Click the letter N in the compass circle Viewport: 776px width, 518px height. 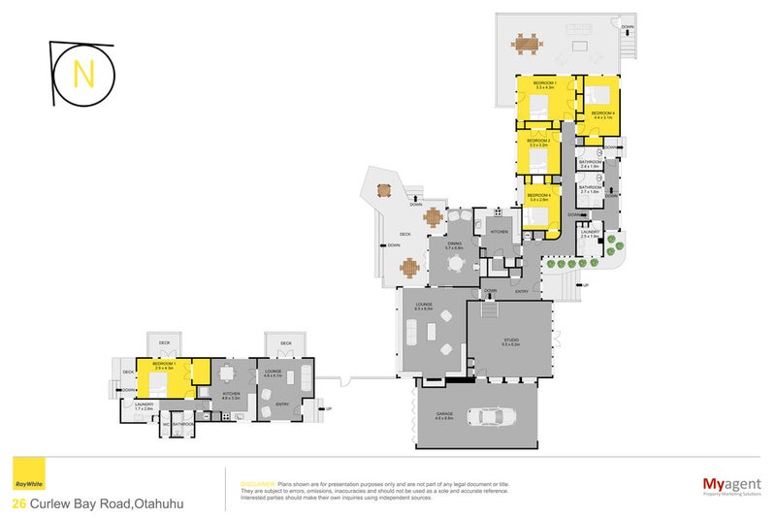[84, 73]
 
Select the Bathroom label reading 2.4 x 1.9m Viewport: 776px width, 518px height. [591, 164]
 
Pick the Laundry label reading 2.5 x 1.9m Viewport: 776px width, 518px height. [590, 233]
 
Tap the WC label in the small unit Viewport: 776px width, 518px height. [167, 424]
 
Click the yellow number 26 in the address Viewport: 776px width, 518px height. [18, 503]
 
